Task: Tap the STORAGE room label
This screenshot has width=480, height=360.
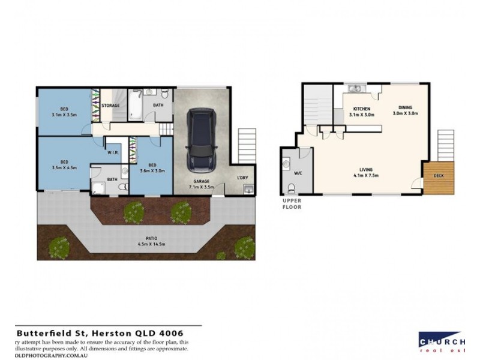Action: (x=110, y=106)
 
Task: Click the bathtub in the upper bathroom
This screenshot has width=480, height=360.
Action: (x=136, y=105)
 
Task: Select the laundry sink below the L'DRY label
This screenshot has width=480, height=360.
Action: (x=248, y=190)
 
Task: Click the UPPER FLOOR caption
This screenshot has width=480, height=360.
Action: (x=292, y=204)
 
